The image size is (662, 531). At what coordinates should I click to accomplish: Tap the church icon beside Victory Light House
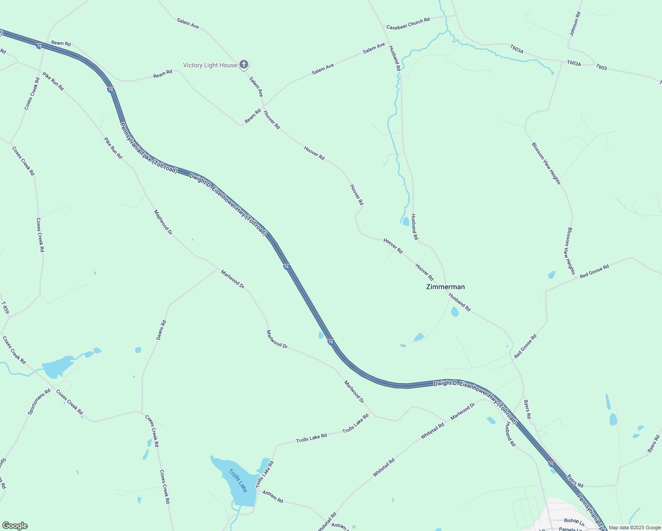click(243, 65)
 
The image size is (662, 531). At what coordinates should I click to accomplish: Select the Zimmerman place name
click(445, 287)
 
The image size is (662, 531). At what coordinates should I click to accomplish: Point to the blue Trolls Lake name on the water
click(238, 481)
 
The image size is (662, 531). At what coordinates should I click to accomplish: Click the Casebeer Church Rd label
click(408, 24)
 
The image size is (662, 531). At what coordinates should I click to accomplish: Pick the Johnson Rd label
click(575, 24)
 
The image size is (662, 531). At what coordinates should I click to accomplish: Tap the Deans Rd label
click(161, 330)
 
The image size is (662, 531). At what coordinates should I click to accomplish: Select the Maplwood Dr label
click(163, 222)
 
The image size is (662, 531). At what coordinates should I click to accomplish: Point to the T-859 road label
click(5, 308)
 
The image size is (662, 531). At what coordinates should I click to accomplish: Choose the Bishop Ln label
click(574, 521)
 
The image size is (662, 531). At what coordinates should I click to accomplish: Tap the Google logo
click(15, 526)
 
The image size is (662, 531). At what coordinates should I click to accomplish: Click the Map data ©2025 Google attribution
click(634, 527)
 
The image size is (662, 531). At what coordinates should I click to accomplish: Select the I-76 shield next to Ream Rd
click(39, 46)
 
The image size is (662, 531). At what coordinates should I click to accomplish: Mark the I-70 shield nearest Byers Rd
click(551, 464)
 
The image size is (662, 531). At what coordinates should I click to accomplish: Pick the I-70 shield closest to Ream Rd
click(111, 90)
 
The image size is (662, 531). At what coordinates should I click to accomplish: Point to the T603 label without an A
click(601, 67)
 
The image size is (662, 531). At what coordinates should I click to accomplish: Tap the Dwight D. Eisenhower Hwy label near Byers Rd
click(475, 396)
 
